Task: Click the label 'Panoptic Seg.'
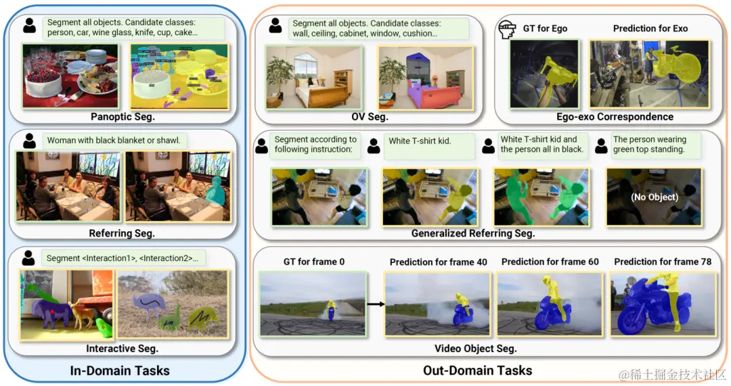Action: [123, 117]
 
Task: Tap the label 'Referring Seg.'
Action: [122, 233]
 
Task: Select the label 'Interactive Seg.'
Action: [122, 349]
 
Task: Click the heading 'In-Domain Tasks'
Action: [120, 370]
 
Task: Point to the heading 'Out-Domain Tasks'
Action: [478, 370]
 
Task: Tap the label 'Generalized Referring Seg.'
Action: [473, 233]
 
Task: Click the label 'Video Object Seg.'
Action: [475, 349]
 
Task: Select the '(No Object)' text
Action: [654, 198]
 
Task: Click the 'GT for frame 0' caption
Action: [313, 262]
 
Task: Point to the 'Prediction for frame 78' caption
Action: [663, 262]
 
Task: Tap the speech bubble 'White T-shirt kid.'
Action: [420, 141]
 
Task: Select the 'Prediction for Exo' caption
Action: [650, 28]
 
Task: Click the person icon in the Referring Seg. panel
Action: [29, 141]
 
